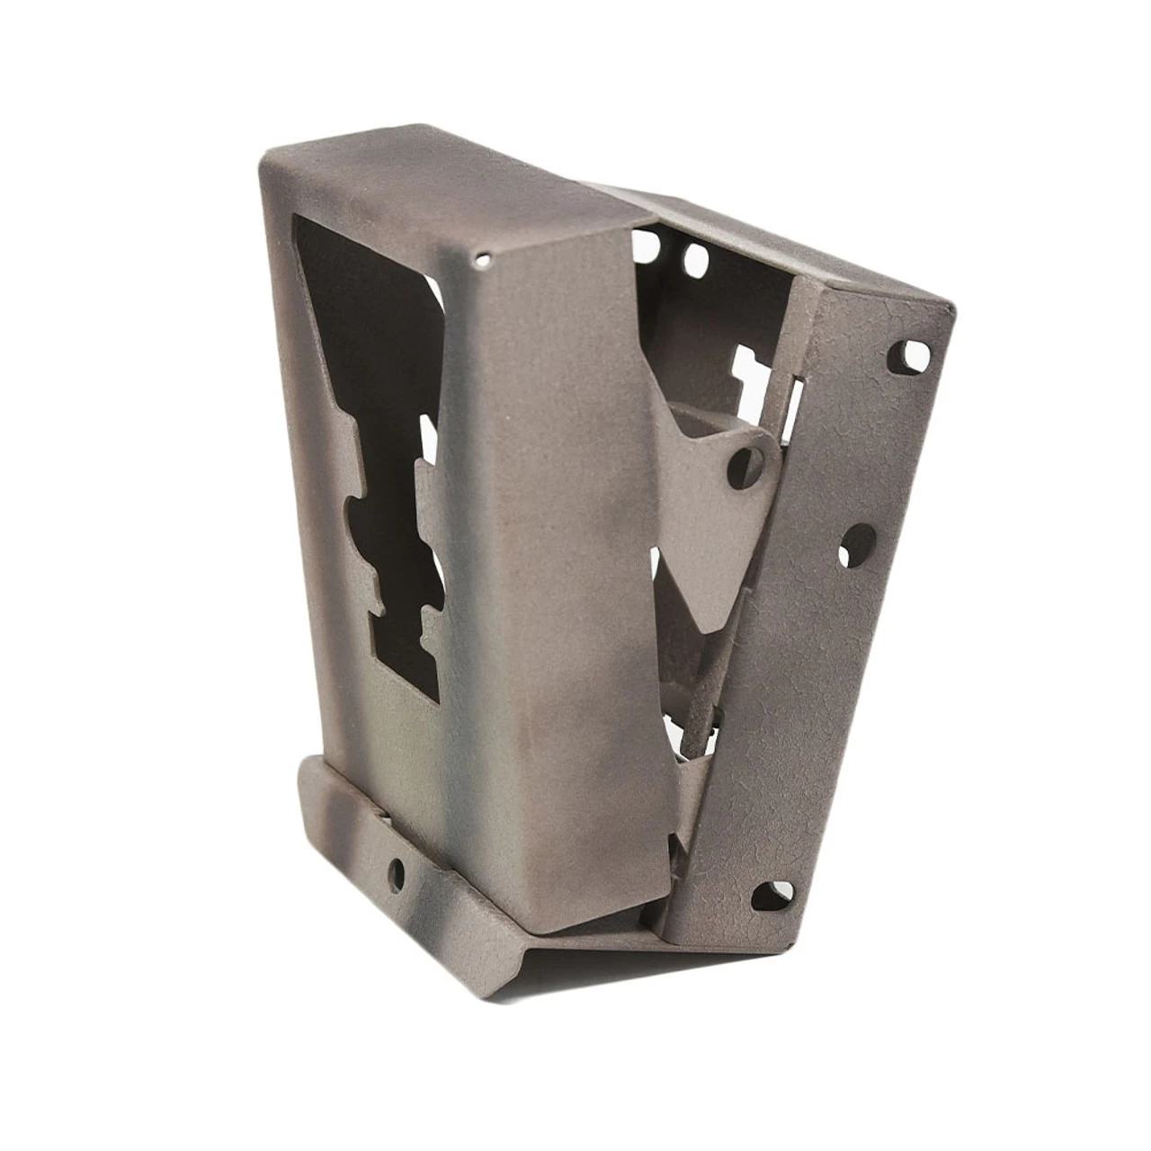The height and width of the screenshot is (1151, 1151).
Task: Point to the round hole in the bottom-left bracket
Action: (x=397, y=869)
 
